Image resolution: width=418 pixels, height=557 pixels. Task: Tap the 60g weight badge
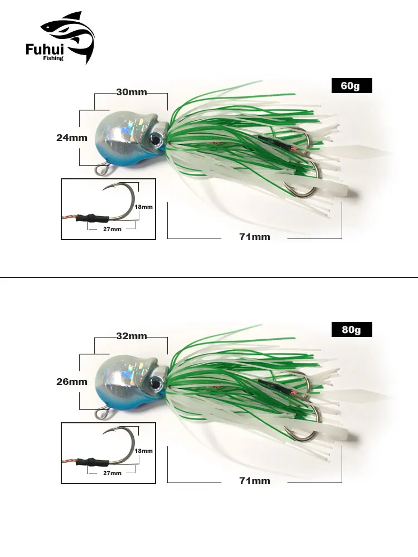click(352, 86)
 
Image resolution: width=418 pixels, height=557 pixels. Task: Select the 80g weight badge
click(352, 330)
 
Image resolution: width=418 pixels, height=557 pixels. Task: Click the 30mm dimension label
click(132, 92)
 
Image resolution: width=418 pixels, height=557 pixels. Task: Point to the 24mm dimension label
click(72, 138)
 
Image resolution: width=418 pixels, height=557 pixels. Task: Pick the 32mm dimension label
click(132, 336)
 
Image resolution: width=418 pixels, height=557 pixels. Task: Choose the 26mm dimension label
click(72, 382)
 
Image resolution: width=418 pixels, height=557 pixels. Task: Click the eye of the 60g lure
click(155, 139)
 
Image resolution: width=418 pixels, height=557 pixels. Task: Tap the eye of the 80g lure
click(155, 383)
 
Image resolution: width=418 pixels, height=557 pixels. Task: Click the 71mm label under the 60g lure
click(255, 237)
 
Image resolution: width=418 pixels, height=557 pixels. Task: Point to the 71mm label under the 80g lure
click(255, 481)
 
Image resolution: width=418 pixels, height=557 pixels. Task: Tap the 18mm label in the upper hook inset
click(144, 207)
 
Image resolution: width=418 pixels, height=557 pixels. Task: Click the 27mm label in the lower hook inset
click(113, 473)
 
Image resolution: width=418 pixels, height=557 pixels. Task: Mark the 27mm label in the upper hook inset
click(113, 229)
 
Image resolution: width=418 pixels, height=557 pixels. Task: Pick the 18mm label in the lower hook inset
click(144, 451)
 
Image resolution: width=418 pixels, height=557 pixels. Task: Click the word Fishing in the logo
click(54, 58)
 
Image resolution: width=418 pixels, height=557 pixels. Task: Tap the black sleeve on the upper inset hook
click(92, 217)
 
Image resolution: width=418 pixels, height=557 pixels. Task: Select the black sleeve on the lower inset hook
click(92, 461)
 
